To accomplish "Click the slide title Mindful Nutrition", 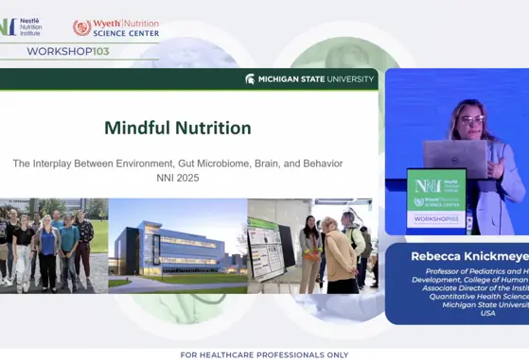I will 177,128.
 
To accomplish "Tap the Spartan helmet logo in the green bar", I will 250,79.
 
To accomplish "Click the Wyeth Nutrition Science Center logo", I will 115,27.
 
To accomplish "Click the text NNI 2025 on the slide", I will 177,178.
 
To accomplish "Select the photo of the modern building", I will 177,243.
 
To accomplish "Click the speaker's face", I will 470,120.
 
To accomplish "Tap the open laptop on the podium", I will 454,155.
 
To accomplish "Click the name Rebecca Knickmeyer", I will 469,256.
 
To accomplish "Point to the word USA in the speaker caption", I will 487,313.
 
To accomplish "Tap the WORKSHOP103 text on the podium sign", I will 435,218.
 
